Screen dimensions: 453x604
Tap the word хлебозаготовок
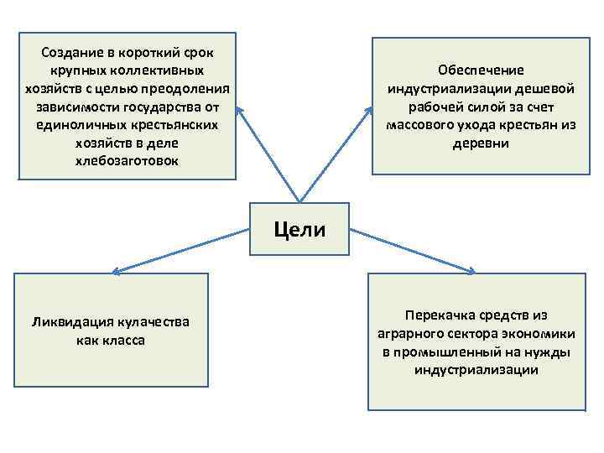point(126,159)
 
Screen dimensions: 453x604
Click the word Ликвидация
point(70,322)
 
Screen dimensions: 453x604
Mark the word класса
point(124,340)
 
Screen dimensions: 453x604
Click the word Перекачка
point(436,315)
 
